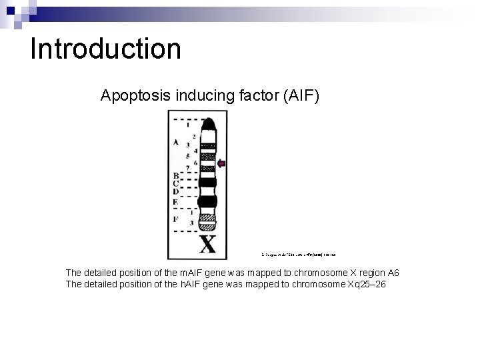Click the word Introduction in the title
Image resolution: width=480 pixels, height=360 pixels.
(105, 49)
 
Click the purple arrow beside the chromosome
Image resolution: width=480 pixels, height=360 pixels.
(222, 163)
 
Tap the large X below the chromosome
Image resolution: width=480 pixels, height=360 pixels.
(208, 244)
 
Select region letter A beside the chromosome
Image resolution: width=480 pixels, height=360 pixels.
(176, 142)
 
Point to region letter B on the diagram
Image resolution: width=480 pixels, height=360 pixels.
(176, 175)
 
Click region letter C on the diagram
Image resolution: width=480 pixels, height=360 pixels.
(176, 183)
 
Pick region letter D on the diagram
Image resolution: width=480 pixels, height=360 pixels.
(176, 191)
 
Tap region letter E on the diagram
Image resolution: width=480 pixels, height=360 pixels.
(176, 201)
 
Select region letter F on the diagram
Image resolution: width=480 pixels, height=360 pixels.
(176, 217)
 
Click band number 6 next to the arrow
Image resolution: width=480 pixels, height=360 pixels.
(194, 163)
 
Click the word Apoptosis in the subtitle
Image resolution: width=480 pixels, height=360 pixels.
(135, 96)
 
